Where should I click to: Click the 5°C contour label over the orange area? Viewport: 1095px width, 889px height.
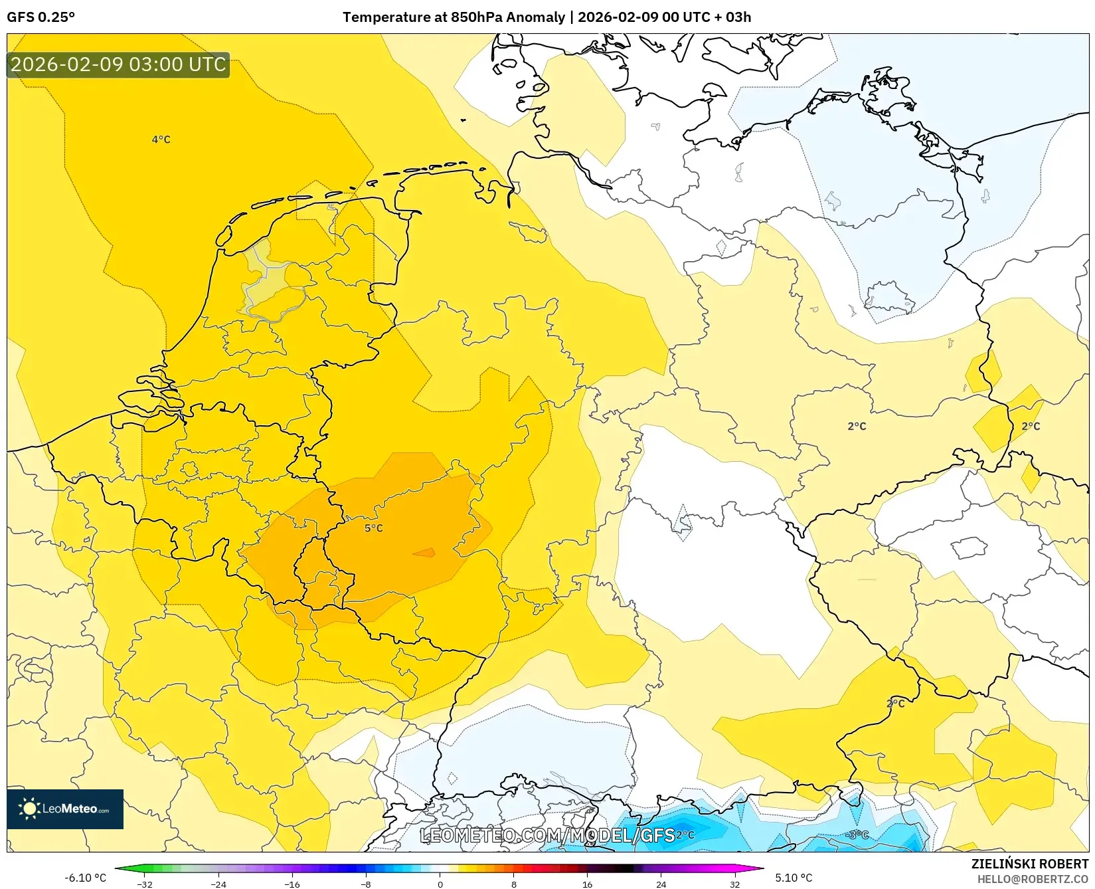coord(373,528)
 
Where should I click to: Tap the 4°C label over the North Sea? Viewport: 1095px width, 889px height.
coord(161,140)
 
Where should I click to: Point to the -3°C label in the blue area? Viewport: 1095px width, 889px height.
coord(858,835)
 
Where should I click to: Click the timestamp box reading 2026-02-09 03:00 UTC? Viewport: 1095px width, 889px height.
coord(118,64)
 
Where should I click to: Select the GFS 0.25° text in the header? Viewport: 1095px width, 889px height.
coord(41,17)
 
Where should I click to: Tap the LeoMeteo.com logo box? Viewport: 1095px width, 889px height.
coord(65,809)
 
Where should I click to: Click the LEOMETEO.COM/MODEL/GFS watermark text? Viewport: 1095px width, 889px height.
coord(547,835)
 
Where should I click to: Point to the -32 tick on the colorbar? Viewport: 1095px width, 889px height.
coord(145,884)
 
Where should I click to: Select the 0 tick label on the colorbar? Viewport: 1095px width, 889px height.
coord(440,884)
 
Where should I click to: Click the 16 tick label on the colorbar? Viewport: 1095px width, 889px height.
coord(587,884)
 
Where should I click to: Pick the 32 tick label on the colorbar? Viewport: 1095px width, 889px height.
coord(734,884)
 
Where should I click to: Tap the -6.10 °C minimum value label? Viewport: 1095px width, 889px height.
coord(85,878)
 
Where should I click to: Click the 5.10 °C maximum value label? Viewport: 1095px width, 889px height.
coord(794,878)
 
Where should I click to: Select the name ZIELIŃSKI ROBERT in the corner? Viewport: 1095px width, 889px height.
coord(1030,864)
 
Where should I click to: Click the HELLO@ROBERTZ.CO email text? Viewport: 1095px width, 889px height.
coord(1033,879)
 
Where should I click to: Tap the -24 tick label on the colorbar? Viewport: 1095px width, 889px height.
coord(218,884)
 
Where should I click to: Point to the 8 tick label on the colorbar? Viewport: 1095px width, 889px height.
coord(513,884)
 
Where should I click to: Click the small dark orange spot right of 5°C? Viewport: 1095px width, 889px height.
coord(424,552)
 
